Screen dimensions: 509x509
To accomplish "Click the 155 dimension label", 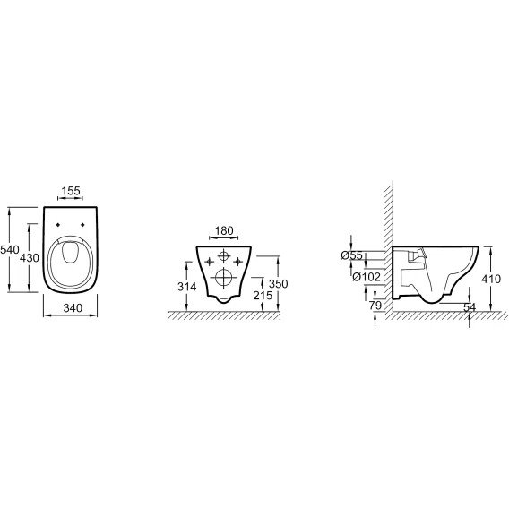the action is point(71,191).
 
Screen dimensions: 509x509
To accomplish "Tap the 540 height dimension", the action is point(10,250).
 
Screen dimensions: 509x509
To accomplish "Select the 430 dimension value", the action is point(30,258).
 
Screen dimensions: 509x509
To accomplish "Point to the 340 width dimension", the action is point(73,307).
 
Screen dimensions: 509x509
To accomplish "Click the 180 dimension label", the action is point(224,231).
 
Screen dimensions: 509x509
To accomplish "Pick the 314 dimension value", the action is point(186,287).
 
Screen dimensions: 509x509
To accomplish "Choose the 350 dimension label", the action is point(278,284).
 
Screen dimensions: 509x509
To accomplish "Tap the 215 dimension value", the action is point(263,296).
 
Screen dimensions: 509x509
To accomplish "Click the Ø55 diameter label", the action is point(351,255).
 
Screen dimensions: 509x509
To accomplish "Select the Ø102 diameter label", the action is point(367,277).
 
